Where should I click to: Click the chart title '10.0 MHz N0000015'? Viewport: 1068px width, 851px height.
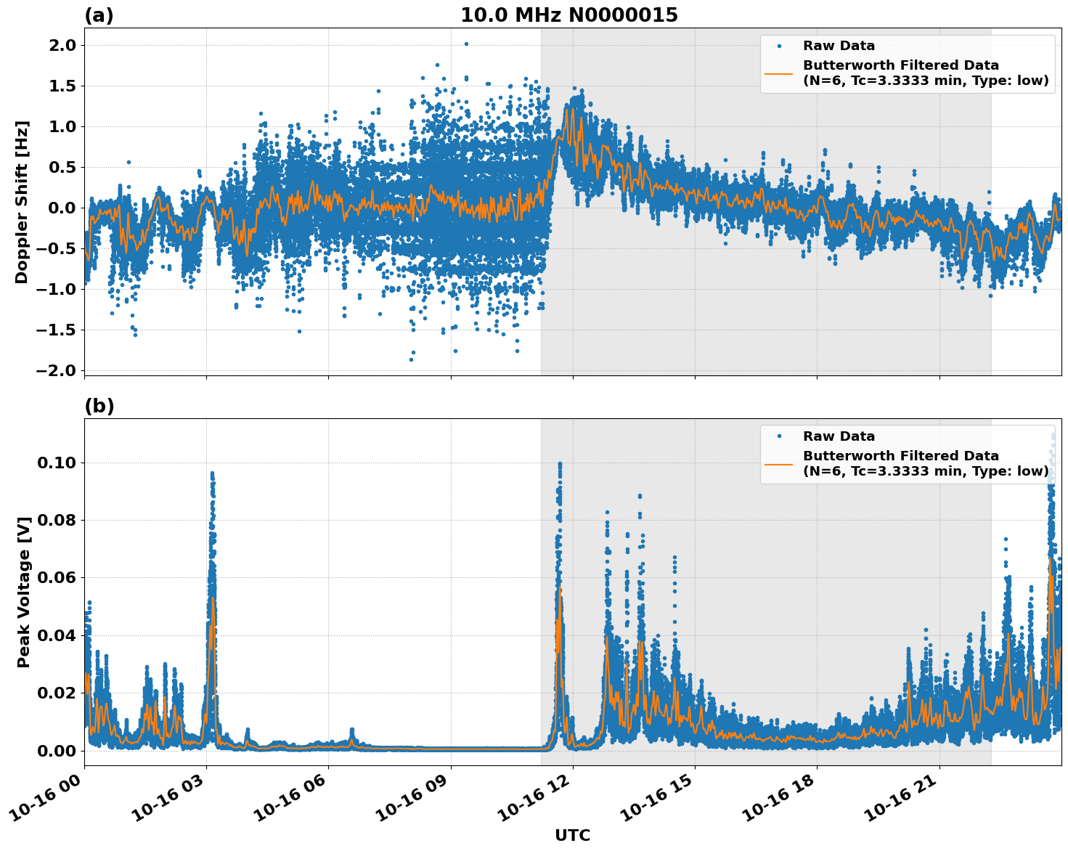pos(568,15)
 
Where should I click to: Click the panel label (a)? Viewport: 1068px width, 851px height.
pos(99,15)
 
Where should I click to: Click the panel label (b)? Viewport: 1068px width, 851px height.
pos(99,406)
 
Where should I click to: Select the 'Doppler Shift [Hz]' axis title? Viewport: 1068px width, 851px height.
pos(22,202)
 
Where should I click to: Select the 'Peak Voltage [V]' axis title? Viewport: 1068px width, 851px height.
pos(24,592)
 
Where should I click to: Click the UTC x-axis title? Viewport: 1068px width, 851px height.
pos(572,835)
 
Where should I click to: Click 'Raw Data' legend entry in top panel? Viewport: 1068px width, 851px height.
pos(839,46)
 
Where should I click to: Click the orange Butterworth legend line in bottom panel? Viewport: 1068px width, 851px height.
pos(779,463)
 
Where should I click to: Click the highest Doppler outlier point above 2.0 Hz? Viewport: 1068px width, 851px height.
pos(466,44)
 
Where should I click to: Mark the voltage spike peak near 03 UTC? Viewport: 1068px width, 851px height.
pos(212,473)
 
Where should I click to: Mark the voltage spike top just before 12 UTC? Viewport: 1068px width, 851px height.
pos(560,463)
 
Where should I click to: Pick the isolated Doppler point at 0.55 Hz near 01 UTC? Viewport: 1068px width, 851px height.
pos(129,162)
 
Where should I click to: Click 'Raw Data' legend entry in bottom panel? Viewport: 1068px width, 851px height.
pos(839,436)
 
